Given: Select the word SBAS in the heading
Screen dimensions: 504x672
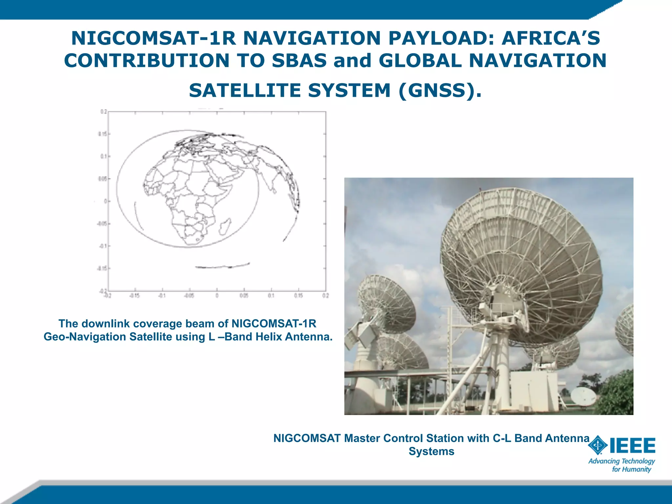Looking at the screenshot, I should (299, 61).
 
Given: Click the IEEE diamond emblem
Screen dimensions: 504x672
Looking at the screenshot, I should (598, 445).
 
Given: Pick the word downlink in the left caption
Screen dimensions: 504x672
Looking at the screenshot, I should (106, 324).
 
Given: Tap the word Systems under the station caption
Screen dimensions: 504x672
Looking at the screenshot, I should (431, 451).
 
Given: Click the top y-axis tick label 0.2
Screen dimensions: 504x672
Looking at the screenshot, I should (104, 112).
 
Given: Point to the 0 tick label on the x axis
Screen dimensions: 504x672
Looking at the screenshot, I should (217, 296).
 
